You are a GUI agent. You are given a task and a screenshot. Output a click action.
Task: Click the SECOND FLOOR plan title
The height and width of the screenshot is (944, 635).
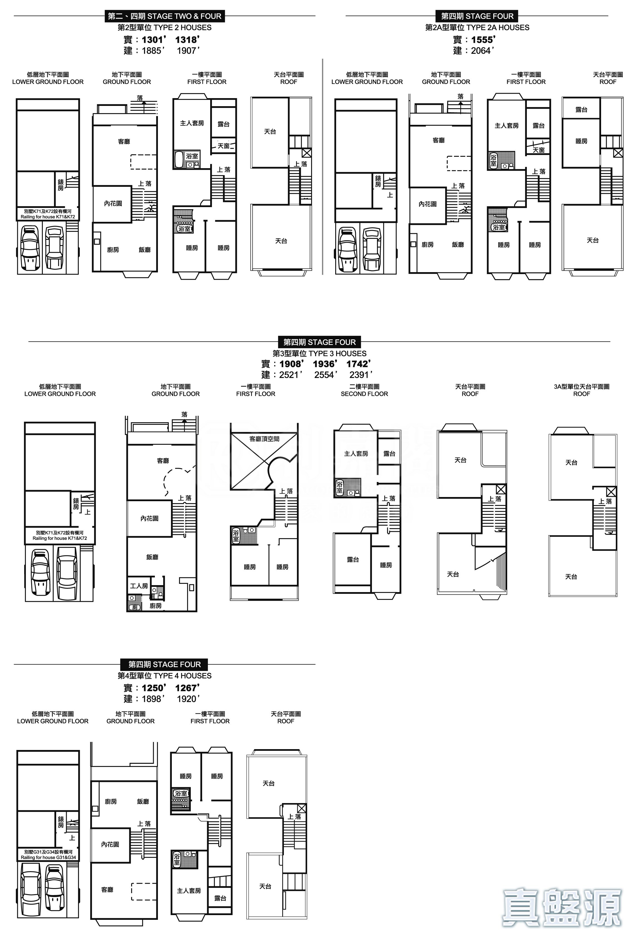click(364, 394)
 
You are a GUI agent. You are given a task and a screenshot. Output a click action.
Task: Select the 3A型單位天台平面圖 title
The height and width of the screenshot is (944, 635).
click(582, 387)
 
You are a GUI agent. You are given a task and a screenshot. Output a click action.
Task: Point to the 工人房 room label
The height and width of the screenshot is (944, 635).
click(139, 586)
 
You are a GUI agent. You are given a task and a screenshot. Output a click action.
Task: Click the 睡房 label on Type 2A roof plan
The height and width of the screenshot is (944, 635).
click(581, 141)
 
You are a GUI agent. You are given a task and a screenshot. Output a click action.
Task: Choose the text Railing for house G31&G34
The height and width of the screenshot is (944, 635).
click(48, 857)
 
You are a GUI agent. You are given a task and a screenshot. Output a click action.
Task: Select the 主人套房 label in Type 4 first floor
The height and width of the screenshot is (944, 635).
click(189, 891)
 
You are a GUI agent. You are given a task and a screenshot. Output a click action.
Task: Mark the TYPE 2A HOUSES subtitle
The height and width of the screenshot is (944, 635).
click(477, 28)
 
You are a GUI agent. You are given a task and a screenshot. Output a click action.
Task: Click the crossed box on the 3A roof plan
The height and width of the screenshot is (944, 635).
click(611, 492)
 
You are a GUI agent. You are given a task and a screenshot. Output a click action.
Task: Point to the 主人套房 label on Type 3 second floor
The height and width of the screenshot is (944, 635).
click(356, 453)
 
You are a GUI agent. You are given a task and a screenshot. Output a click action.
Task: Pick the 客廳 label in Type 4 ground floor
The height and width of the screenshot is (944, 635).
click(107, 889)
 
